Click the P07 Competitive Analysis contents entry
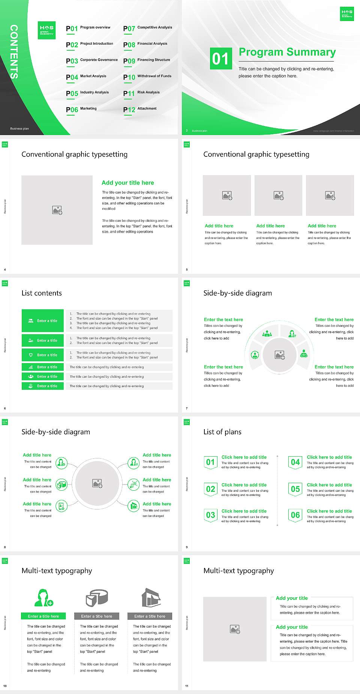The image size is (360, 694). click(147, 28)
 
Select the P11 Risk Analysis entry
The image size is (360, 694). click(141, 93)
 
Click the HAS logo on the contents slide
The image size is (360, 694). click(47, 30)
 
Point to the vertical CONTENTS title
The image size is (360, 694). click(14, 52)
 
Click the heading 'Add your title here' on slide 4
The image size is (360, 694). click(127, 183)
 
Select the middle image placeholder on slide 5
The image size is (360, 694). click(278, 195)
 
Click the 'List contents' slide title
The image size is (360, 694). click(42, 293)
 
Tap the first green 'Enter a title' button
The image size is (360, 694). click(43, 321)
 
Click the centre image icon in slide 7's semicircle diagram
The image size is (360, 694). click(280, 355)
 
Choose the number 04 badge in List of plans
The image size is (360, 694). click(295, 462)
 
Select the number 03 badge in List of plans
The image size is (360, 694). click(210, 515)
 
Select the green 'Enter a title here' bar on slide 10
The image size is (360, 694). click(43, 616)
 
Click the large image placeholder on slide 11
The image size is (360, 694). click(235, 629)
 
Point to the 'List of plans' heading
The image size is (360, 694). click(222, 432)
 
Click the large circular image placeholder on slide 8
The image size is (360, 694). click(97, 484)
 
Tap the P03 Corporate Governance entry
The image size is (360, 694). click(92, 60)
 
